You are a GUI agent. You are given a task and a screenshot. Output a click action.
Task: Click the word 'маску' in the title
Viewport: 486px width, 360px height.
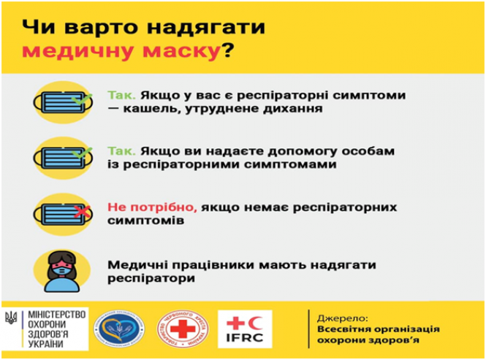pyautogui.click(x=183, y=52)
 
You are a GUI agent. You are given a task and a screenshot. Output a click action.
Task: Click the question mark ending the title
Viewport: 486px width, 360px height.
pyautogui.click(x=229, y=52)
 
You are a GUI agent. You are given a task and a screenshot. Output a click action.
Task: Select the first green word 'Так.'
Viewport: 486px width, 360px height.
pyautogui.click(x=121, y=96)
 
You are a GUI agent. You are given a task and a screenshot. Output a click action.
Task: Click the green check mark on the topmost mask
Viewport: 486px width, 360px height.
pyautogui.click(x=83, y=96)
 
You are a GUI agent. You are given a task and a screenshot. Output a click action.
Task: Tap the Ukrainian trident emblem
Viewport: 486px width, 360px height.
pyautogui.click(x=11, y=318)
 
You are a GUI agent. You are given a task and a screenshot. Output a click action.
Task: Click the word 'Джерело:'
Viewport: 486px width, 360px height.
pyautogui.click(x=340, y=318)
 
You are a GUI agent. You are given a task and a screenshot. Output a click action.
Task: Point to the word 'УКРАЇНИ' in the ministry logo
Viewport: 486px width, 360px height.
pyautogui.click(x=45, y=342)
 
